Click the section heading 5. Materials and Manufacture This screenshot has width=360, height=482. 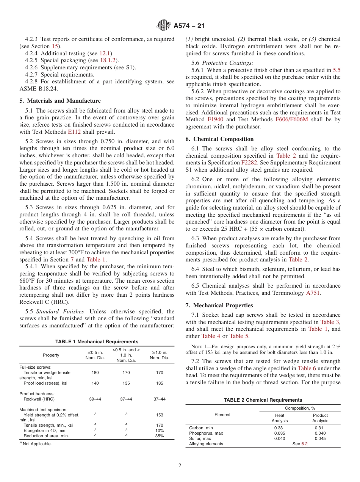pyautogui.click(x=60, y=101)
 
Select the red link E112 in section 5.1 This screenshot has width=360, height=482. pyautogui.click(x=74, y=132)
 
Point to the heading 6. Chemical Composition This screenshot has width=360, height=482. pyautogui.click(x=219, y=139)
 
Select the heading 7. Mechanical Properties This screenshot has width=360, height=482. pyautogui.click(x=219, y=305)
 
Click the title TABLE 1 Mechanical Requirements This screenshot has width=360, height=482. pyautogui.click(x=97, y=342)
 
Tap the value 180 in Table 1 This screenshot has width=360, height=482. pyautogui.click(x=95, y=373)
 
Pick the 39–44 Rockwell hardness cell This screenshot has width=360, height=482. pyautogui.click(x=95, y=399)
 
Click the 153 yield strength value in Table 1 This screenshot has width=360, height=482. pyautogui.click(x=160, y=415)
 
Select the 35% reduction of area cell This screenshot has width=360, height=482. pyautogui.click(x=160, y=436)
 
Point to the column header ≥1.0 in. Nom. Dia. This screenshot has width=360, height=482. pyautogui.click(x=160, y=355)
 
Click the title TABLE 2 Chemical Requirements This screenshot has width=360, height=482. pyautogui.click(x=263, y=400)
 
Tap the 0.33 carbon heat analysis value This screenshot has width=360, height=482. pyautogui.click(x=279, y=428)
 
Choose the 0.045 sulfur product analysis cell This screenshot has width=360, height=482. pyautogui.click(x=320, y=438)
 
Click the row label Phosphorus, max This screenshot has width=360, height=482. pyautogui.click(x=206, y=433)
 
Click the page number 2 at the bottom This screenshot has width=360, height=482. pyautogui.click(x=180, y=466)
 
